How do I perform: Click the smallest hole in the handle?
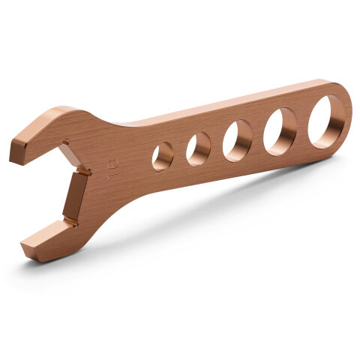click(x=162, y=157)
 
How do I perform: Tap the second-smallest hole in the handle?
click(x=199, y=148)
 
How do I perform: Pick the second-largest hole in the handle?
click(x=280, y=131)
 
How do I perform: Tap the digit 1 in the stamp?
click(x=112, y=174)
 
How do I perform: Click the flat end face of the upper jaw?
click(x=17, y=150)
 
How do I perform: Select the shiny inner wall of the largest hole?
click(x=339, y=121)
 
